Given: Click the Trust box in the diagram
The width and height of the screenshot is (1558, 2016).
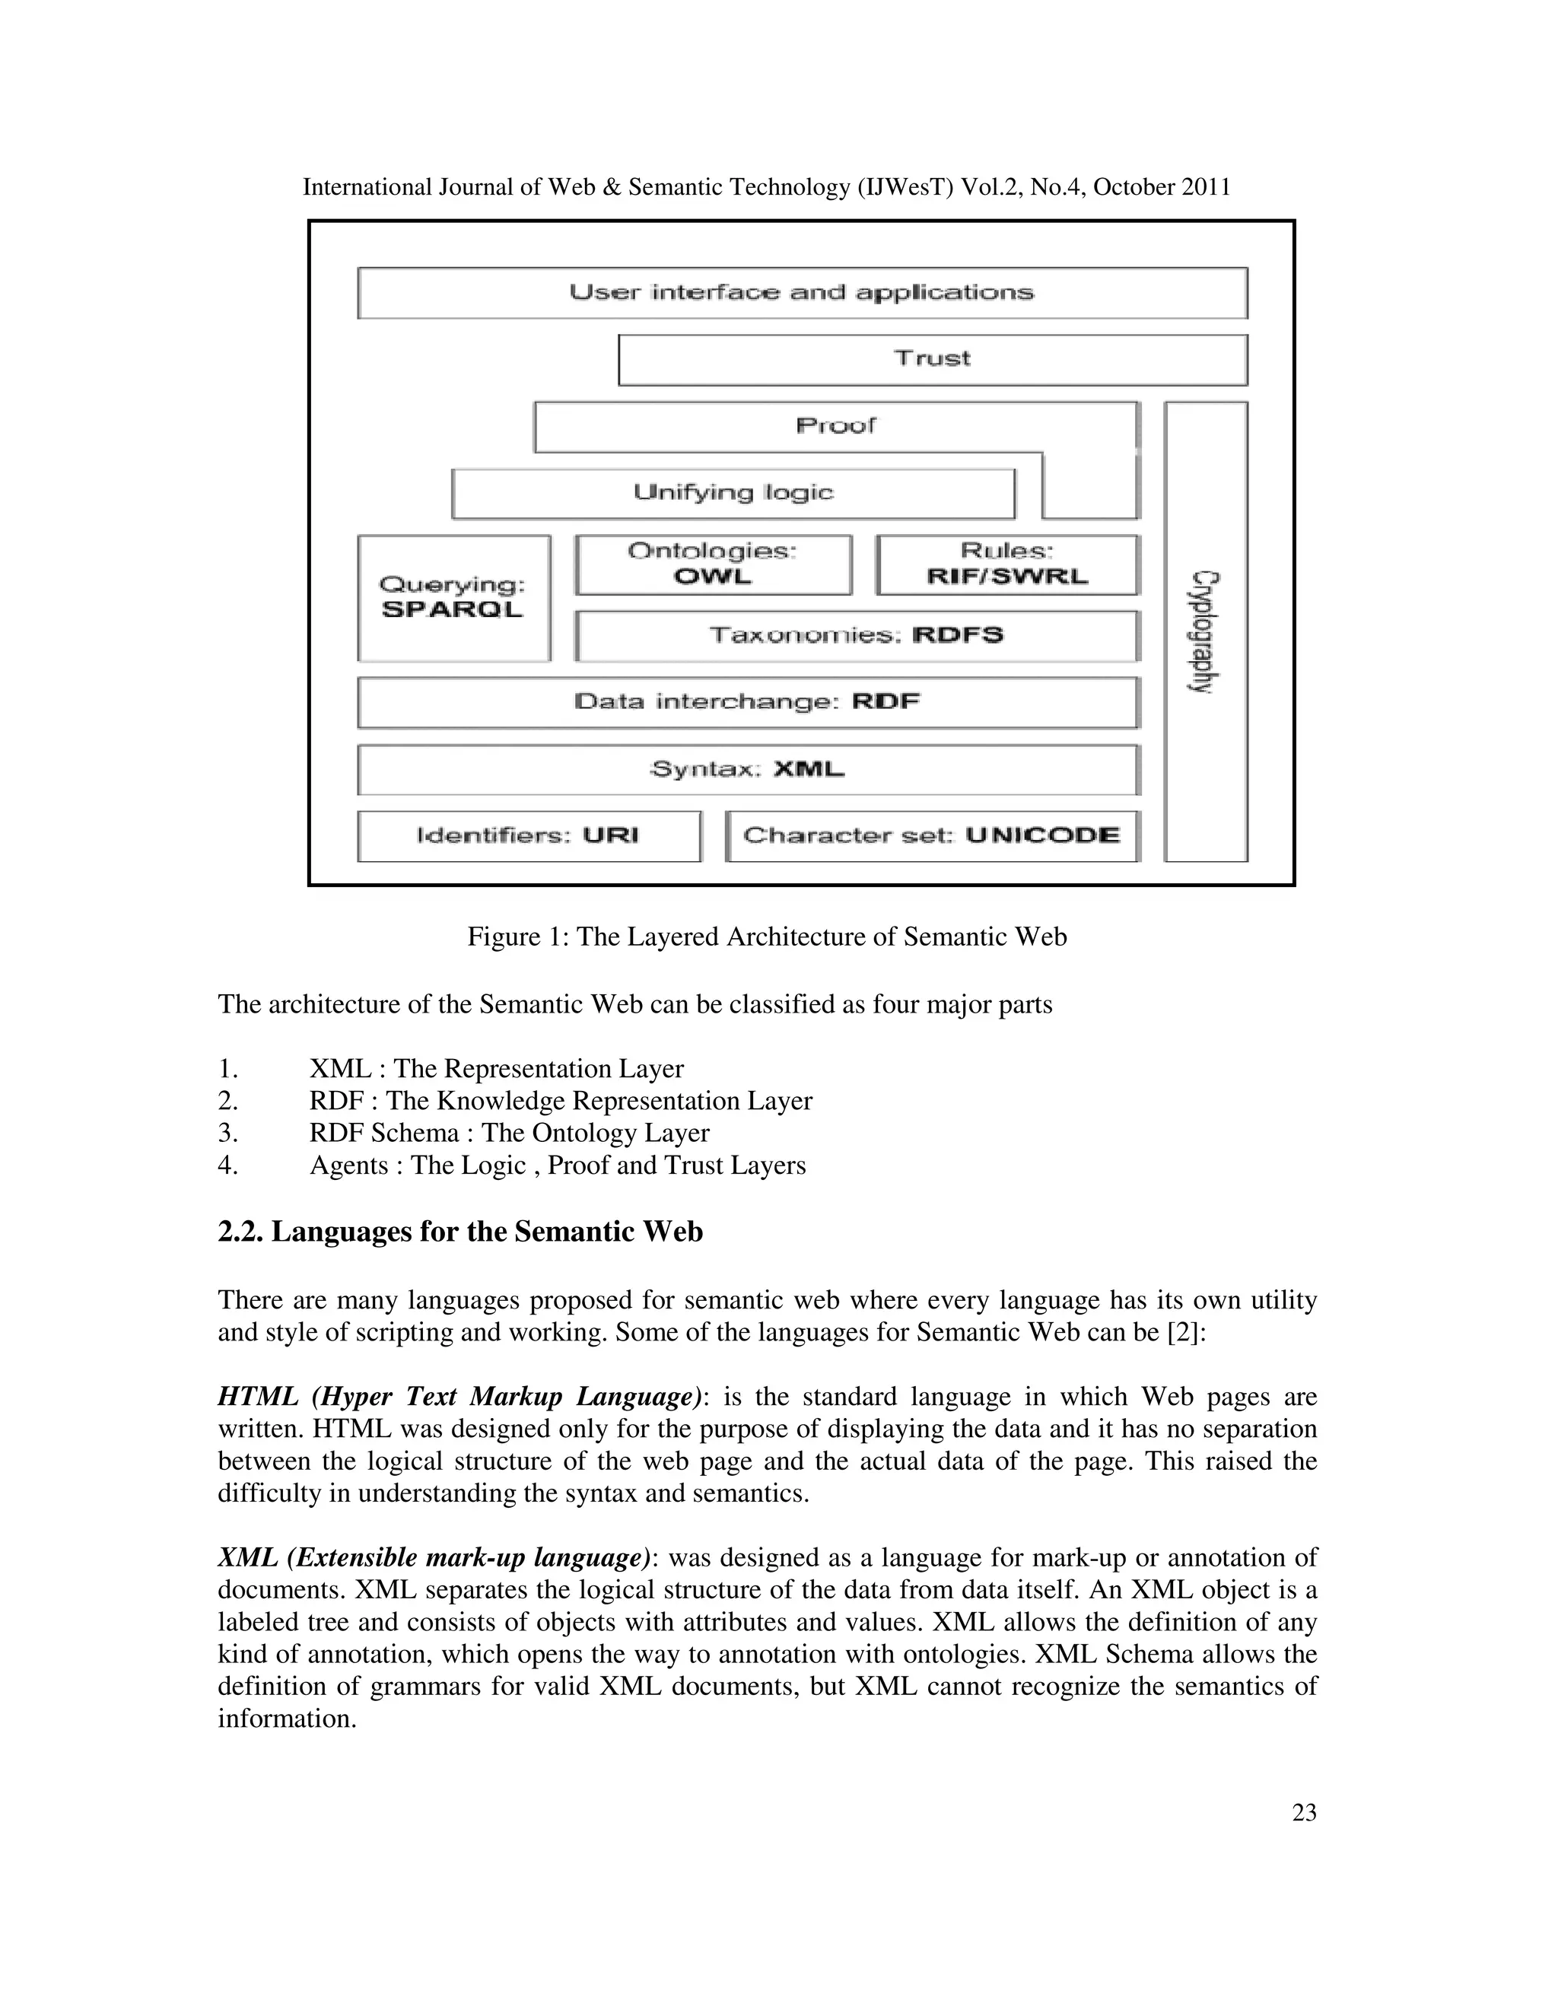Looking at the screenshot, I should pos(932,359).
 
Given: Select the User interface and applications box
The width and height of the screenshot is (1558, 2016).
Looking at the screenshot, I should pos(801,293).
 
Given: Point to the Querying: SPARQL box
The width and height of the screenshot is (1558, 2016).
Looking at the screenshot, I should pos(453,597).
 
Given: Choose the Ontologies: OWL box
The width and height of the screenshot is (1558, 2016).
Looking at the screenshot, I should pos(713,564).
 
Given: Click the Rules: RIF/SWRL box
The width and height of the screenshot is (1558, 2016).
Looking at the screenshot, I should pos(1007,564).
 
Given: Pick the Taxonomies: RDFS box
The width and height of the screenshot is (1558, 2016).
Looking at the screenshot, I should pos(857,636).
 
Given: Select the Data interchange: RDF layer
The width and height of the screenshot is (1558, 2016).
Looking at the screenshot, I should pos(748,702).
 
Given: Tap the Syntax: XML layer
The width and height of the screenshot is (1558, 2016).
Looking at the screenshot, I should pos(748,770).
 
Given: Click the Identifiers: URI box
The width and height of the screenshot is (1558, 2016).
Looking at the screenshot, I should pos(528,836).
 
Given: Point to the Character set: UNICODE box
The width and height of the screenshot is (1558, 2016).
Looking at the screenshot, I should pos(932,836).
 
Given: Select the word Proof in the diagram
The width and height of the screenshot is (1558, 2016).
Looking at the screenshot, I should pos(835,425).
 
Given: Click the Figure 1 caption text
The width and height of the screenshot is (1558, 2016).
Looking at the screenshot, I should pos(767,937).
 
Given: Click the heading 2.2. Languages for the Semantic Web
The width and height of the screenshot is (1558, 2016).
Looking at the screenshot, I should pos(459,1232).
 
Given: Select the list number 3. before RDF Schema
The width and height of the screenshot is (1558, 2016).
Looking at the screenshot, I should pos(228,1133).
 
